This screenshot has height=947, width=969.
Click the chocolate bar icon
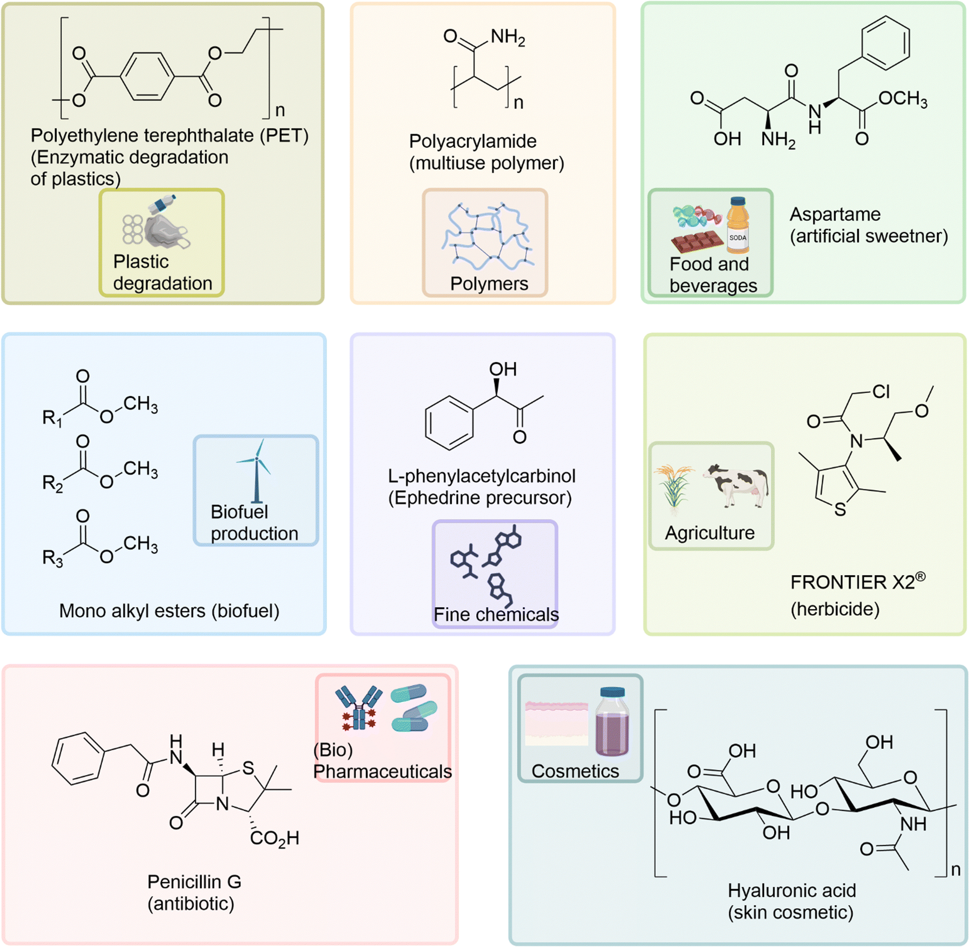[x=696, y=241]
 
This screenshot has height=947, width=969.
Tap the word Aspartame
[x=835, y=215]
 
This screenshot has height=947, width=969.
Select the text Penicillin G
[x=194, y=882]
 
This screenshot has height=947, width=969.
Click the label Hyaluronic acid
[x=791, y=890]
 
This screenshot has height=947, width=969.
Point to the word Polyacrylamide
[x=472, y=141]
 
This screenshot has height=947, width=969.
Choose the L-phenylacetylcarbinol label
[x=482, y=476]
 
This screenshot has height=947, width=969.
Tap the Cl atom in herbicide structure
[x=881, y=392]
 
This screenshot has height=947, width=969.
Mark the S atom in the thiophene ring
[x=840, y=509]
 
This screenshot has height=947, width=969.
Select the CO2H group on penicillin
[x=275, y=838]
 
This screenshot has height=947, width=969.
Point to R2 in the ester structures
[x=53, y=482]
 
